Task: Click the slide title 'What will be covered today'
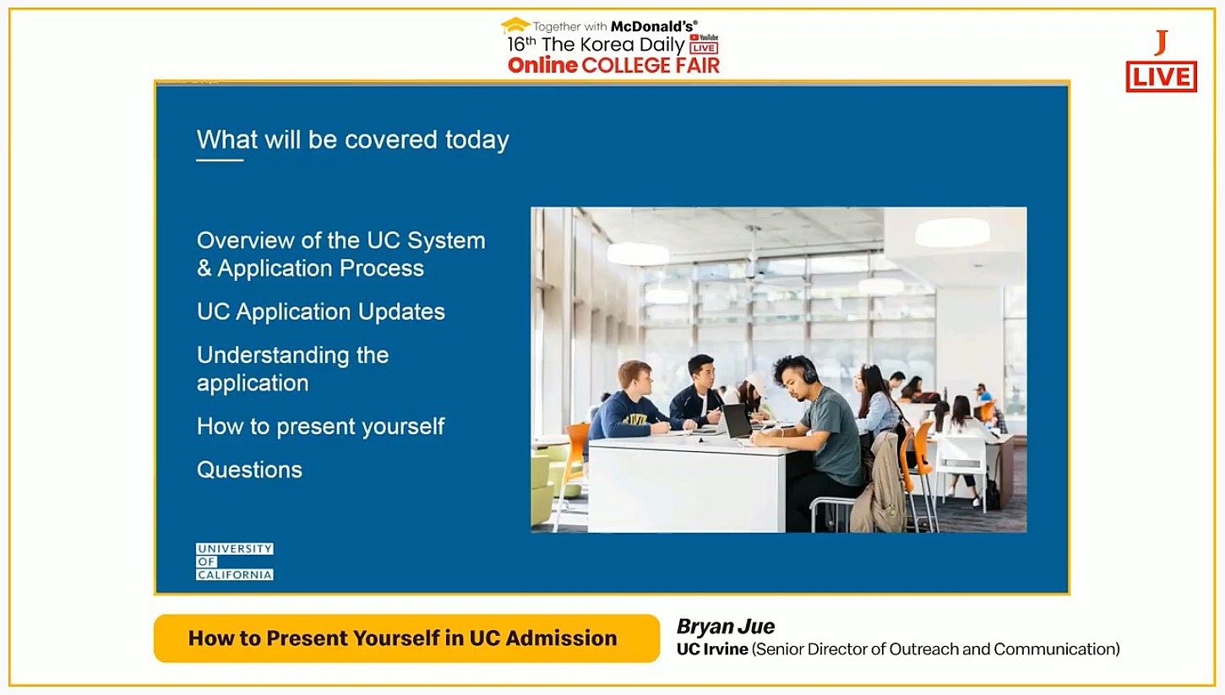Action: point(353,140)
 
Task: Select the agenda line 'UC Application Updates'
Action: point(321,312)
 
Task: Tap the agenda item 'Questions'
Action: point(249,470)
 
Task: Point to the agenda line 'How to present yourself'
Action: point(321,426)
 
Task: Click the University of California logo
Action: point(235,562)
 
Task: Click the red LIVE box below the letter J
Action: point(1162,77)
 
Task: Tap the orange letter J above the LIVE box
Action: point(1161,43)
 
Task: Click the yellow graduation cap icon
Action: point(515,25)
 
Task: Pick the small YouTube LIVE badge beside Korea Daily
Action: point(704,44)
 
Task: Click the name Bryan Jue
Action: point(726,627)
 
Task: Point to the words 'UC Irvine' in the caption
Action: point(712,649)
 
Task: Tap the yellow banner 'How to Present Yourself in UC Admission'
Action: point(407,638)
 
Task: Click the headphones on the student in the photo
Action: point(808,371)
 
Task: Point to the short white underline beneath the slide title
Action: point(220,160)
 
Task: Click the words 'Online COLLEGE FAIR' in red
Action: point(613,66)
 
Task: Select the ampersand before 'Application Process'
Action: point(204,269)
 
